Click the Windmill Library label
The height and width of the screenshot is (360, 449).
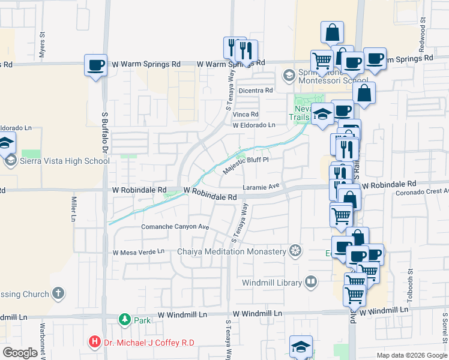coord(273,282)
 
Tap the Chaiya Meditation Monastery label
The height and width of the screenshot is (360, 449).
coord(231,251)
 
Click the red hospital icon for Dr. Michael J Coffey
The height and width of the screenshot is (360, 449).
coord(94,342)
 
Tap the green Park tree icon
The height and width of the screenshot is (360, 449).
coord(124,320)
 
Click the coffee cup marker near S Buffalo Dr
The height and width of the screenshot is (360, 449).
coord(95,65)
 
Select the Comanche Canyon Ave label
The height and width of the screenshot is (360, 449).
coord(175,227)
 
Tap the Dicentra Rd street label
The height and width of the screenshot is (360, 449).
coord(256,91)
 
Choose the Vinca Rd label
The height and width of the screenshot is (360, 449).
coord(246,114)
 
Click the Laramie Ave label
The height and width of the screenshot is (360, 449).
coord(262,187)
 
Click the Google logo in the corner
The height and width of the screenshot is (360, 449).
coord(20,353)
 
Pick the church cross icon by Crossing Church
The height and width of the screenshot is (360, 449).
coord(58,293)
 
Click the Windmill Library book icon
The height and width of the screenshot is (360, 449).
coord(310,281)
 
